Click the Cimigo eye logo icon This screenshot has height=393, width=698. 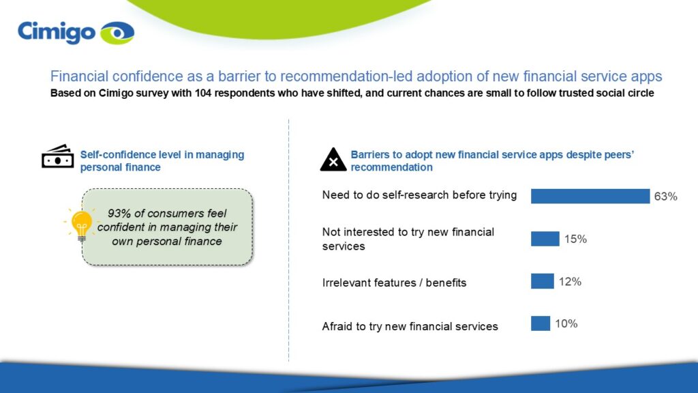tap(117, 33)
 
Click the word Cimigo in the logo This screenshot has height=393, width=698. tap(57, 33)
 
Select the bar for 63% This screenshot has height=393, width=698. tap(590, 196)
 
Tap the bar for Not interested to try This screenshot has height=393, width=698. tap(545, 239)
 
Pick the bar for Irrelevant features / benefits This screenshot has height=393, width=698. tap(542, 281)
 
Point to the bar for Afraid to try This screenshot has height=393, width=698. tap(541, 323)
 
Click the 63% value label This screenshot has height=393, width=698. tap(665, 196)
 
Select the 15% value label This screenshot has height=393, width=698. tap(575, 239)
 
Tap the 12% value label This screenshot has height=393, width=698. tap(571, 282)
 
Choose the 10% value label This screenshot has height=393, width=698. tap(566, 324)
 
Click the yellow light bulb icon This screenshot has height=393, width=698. tap(82, 225)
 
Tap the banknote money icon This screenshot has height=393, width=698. tap(58, 156)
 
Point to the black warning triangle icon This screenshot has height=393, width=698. tap(333, 160)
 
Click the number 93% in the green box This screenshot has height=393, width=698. tap(119, 214)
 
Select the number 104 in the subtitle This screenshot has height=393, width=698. tap(203, 93)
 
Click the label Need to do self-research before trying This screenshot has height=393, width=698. tap(419, 195)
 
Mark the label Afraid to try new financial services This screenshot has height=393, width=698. tap(410, 327)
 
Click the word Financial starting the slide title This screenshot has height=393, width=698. tap(79, 76)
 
